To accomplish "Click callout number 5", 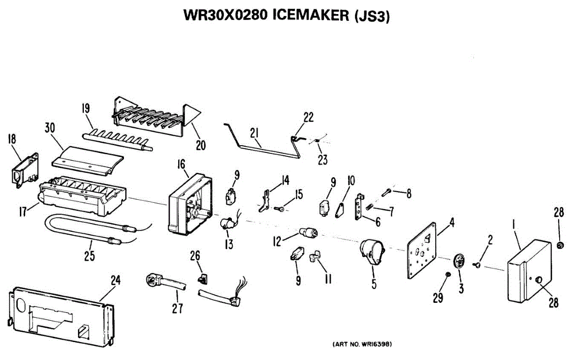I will (374, 284).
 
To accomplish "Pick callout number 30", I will (50, 128).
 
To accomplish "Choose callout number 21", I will (255, 132).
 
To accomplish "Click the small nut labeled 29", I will (447, 275).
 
